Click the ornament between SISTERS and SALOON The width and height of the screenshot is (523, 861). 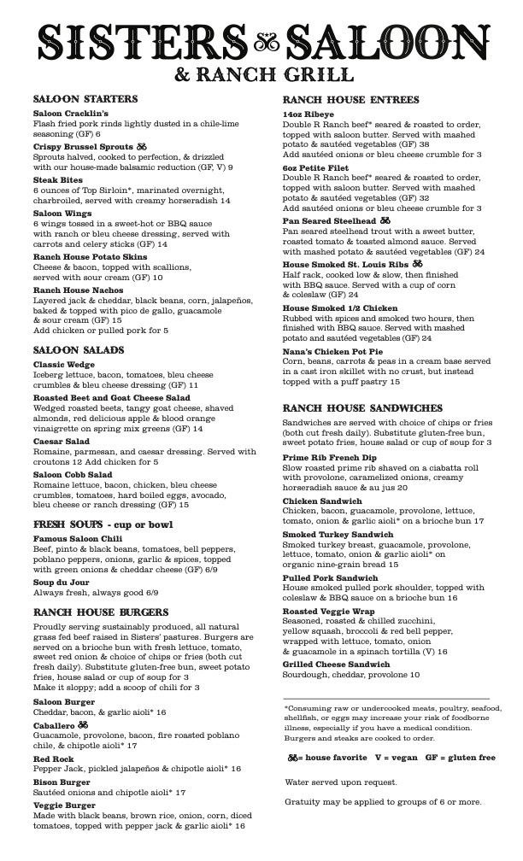coord(261,38)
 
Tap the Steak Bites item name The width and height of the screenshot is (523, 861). coord(57,180)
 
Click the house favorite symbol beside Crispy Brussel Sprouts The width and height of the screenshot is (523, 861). coord(142,147)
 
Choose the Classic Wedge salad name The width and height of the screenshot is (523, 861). coord(65,365)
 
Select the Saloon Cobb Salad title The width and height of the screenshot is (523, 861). coord(73,474)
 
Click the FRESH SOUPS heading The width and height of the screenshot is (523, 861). coord(103,524)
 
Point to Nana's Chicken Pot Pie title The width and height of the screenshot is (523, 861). coord(332,351)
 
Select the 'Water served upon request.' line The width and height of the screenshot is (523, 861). coord(341,782)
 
